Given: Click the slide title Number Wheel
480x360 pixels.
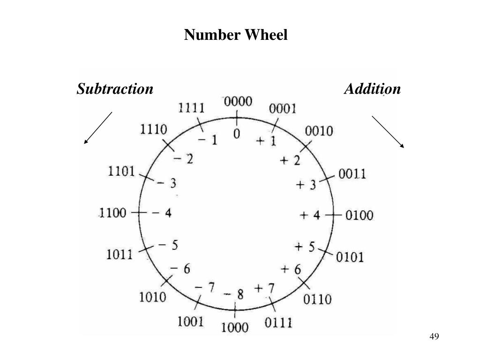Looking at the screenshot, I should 235,35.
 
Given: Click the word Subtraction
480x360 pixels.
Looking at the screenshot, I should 115,89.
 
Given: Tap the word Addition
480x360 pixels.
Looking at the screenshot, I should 372,89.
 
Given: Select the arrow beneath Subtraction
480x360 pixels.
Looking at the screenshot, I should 98,127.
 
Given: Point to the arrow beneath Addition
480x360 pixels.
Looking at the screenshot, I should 388,132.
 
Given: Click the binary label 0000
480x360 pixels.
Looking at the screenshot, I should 238,102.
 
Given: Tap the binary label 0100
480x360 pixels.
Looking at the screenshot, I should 360,216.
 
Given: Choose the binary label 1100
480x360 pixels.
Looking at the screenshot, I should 112,213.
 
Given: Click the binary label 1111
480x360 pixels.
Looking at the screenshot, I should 191,108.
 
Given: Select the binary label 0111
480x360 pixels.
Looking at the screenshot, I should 278,322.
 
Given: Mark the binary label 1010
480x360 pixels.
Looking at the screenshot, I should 152,297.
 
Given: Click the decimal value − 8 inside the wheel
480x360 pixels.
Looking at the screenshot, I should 234,294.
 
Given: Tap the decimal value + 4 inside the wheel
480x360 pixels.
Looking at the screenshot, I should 310,215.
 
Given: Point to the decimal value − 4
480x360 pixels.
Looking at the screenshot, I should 162,213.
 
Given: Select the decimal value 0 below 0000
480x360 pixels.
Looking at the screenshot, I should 237,134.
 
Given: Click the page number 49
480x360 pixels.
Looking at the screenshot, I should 434,337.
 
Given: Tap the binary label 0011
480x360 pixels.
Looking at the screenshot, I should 352,174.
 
